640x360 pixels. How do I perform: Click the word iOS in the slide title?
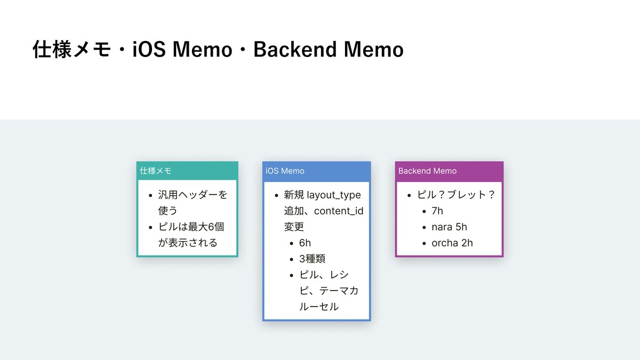point(149,49)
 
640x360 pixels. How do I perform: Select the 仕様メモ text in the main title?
point(71,49)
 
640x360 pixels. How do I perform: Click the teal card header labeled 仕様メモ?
point(187,171)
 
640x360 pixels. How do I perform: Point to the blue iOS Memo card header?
point(317,171)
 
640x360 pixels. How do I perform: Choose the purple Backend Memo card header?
point(449,171)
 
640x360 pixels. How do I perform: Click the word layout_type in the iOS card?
point(334,195)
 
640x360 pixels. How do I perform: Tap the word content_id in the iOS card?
point(339,211)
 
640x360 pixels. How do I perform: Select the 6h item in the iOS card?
point(305,243)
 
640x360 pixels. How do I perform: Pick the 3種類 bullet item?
point(312,259)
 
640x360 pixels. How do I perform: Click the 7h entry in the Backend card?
point(437,211)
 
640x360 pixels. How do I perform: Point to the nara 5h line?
point(449,227)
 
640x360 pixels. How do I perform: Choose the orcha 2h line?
point(452,243)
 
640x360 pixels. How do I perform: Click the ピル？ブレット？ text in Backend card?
point(456,195)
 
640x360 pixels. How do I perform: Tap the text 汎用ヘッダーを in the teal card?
point(193,195)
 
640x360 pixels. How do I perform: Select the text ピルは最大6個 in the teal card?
point(191,227)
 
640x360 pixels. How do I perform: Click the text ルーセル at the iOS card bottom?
point(319,307)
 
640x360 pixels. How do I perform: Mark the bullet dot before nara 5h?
point(424,227)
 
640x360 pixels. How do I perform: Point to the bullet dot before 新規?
point(276,195)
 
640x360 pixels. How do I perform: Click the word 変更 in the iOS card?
point(294,227)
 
